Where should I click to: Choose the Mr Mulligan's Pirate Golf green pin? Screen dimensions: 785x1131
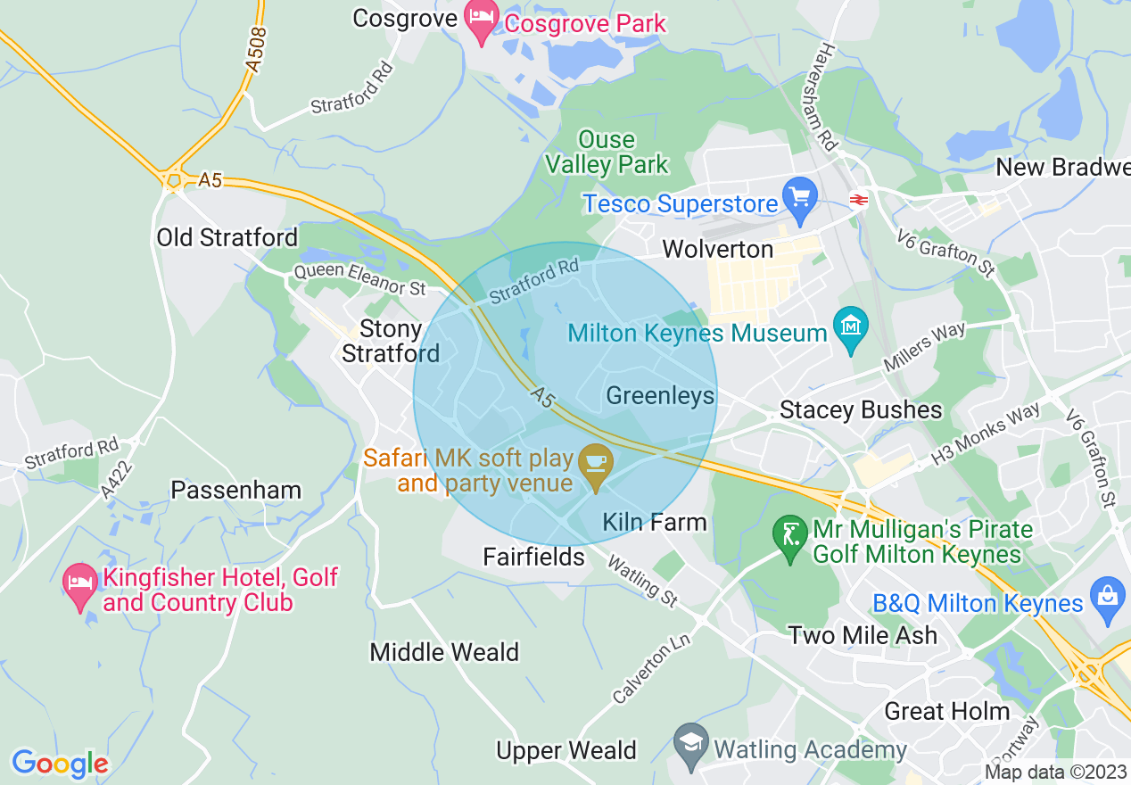(x=789, y=538)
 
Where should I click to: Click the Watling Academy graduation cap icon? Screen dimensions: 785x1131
(x=690, y=747)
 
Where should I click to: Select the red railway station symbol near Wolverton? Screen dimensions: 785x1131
(x=860, y=200)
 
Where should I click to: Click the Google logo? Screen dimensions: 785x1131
(x=60, y=764)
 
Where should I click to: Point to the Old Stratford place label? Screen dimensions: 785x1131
(x=227, y=237)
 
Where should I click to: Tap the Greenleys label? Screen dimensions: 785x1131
(x=660, y=395)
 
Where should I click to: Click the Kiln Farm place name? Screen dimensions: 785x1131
(x=655, y=522)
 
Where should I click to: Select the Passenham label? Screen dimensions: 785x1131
(x=235, y=490)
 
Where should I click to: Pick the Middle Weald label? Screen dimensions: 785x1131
(x=444, y=652)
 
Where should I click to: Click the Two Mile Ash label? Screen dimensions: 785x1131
(x=863, y=635)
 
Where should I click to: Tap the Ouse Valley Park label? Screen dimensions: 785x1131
(x=607, y=152)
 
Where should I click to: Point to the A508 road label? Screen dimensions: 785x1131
(x=255, y=48)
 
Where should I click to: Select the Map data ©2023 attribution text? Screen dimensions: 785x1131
(x=1055, y=772)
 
